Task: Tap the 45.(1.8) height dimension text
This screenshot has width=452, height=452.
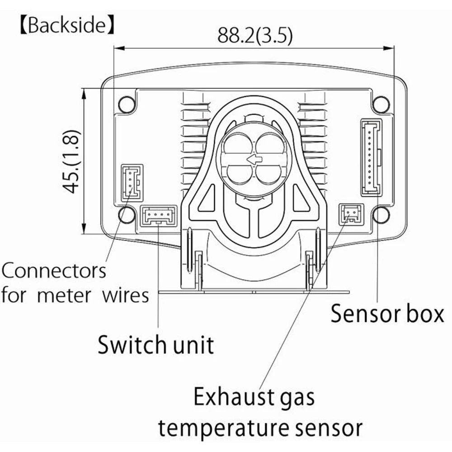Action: coord(71,161)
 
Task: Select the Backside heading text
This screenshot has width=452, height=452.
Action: coord(66,26)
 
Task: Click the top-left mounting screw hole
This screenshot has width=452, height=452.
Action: coord(127,104)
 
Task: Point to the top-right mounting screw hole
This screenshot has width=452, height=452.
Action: coord(381,104)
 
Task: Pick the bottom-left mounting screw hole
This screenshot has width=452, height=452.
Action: coord(127,214)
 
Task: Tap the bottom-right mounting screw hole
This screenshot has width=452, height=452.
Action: coord(381,214)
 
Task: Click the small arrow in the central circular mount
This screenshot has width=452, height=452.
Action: coord(254,159)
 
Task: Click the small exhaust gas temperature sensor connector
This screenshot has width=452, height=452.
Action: coord(351,213)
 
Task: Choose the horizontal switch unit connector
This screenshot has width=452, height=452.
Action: coord(158,215)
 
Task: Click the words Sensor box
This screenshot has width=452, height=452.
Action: coord(387,314)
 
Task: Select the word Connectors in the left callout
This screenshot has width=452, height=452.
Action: coord(54,271)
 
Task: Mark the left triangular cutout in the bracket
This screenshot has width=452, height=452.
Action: coord(205,199)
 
